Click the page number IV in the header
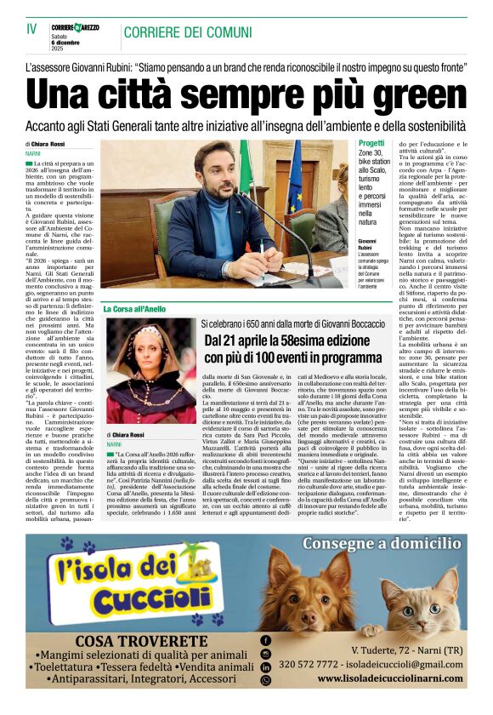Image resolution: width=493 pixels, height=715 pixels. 31,28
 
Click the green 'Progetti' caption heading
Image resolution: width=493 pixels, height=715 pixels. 371,143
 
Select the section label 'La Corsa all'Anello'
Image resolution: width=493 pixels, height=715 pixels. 133,308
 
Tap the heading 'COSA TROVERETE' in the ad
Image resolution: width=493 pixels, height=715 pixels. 140,641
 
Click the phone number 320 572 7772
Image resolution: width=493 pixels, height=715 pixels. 314,664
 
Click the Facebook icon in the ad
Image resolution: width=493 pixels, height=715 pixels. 266,639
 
